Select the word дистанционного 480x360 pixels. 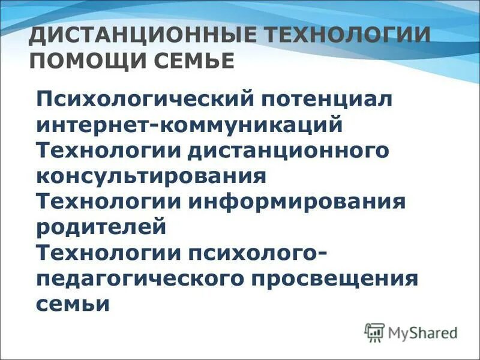point(288,151)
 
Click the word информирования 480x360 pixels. point(298,202)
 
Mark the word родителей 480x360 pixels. point(100,227)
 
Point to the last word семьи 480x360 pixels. point(73,304)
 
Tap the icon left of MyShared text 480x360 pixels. point(374,332)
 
